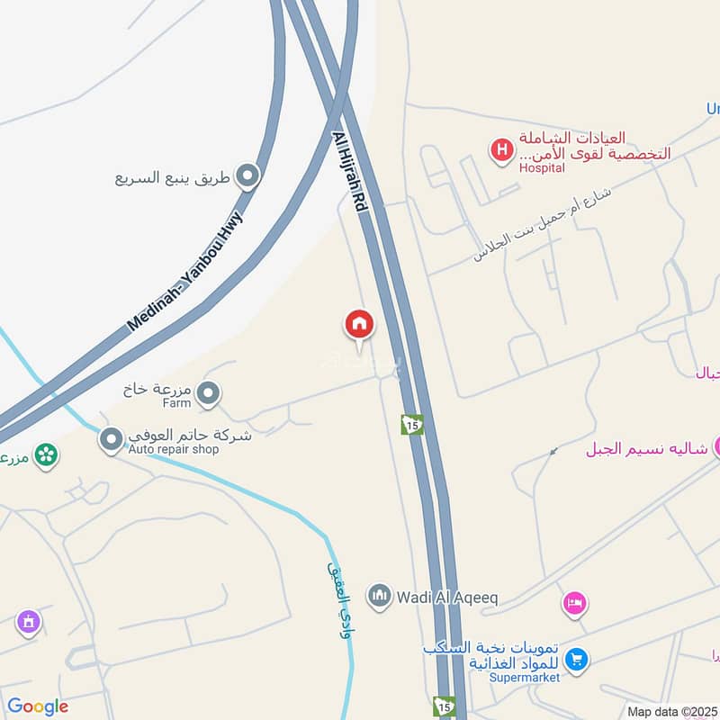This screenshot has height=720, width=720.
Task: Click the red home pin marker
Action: [359, 324]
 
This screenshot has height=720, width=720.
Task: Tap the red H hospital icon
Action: [501, 149]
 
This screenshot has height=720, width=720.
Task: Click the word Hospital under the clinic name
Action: [542, 168]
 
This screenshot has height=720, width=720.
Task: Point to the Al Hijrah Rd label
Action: [351, 172]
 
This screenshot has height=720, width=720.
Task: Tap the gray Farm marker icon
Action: [209, 393]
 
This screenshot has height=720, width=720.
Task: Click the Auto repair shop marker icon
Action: [112, 439]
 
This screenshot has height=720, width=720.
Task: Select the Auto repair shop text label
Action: [174, 449]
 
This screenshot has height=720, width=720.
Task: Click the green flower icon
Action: [46, 454]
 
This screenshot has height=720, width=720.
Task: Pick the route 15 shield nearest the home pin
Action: [412, 424]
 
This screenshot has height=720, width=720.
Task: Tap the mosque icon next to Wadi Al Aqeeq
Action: [380, 596]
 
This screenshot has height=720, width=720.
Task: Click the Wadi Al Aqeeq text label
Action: [446, 597]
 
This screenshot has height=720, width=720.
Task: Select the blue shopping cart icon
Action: [577, 661]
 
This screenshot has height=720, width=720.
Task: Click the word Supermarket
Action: [526, 678]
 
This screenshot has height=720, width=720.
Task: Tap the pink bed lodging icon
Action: [574, 603]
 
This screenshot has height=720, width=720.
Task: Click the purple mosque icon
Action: [29, 621]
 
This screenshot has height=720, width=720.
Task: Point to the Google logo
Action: [37, 706]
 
